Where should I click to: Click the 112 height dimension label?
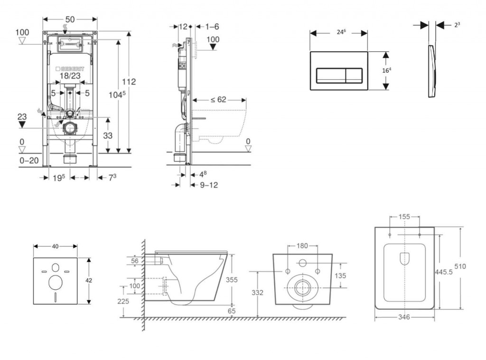coord(129,82)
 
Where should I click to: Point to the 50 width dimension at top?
coord(70,19)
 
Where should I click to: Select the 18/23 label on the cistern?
coord(70,75)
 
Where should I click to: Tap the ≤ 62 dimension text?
coord(218,100)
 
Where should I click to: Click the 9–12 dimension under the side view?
coord(208,185)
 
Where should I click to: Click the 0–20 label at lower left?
coord(29,161)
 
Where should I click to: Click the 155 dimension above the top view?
coord(404,217)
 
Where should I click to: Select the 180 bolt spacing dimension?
coord(302,246)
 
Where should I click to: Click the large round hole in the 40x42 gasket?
coord(56,283)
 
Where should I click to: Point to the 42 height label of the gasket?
coord(89,280)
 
